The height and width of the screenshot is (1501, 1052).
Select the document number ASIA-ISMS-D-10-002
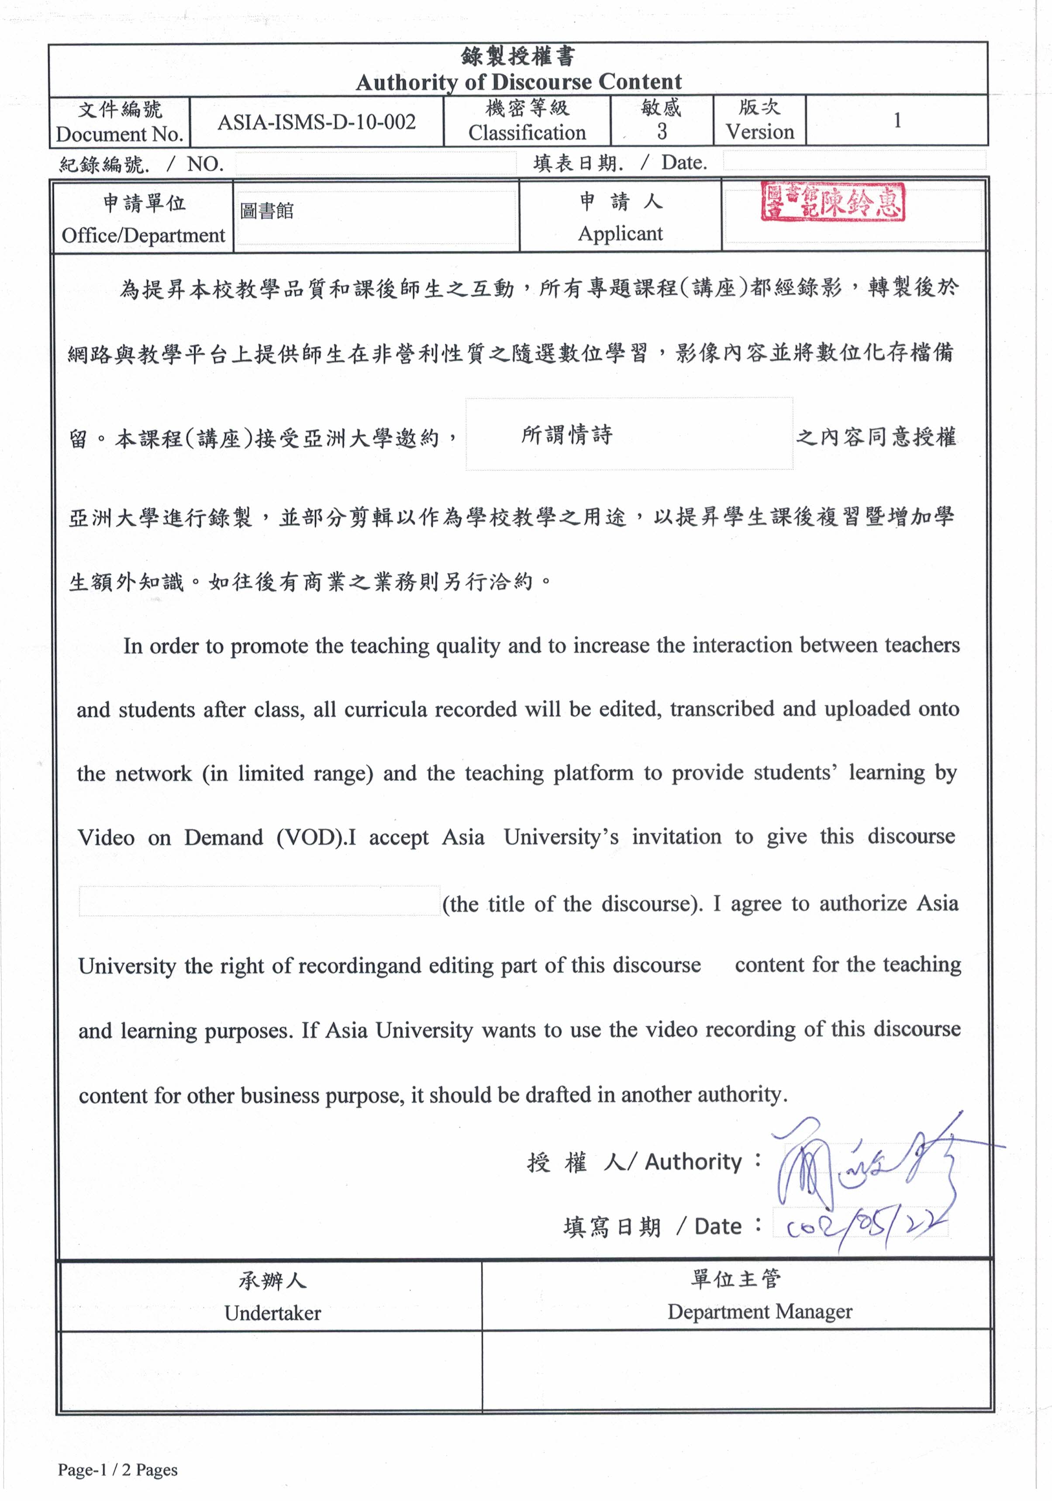click(317, 122)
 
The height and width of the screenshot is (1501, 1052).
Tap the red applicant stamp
click(832, 202)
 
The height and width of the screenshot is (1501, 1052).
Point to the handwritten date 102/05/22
click(866, 1228)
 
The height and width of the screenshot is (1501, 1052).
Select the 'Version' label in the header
click(759, 132)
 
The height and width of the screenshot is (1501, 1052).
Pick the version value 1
click(897, 120)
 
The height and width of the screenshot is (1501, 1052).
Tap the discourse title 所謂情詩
click(566, 435)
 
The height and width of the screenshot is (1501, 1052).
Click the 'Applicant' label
click(620, 233)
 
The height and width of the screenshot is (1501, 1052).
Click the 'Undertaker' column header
click(272, 1313)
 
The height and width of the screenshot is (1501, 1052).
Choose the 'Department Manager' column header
click(759, 1311)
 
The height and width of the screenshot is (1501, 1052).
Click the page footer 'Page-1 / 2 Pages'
click(117, 1470)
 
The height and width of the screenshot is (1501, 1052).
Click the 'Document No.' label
click(119, 134)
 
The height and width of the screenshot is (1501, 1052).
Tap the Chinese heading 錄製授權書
click(518, 57)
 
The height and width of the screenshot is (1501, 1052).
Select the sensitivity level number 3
click(662, 132)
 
